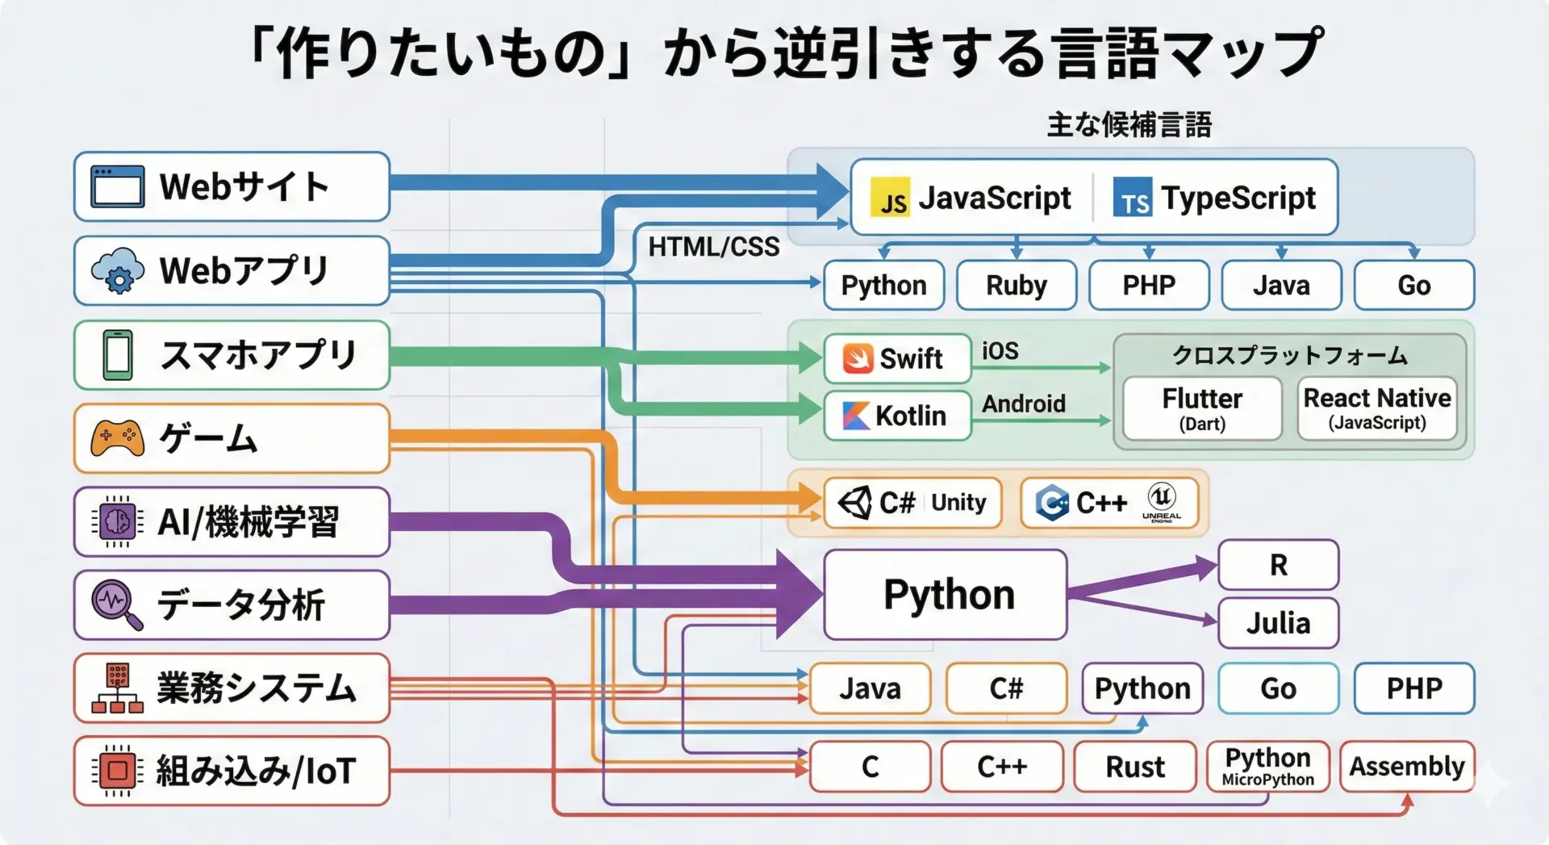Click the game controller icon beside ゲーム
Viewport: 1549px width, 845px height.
[x=117, y=438]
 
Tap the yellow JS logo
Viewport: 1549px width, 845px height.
[x=890, y=198]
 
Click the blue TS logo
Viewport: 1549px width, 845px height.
[x=1133, y=198]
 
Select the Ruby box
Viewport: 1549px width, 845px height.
[x=1016, y=285]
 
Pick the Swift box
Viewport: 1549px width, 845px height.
[x=897, y=358]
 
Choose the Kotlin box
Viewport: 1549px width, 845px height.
[x=897, y=416]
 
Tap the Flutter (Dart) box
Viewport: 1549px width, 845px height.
[x=1201, y=408]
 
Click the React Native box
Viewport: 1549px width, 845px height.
[x=1376, y=408]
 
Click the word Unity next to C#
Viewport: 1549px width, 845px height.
[x=958, y=503]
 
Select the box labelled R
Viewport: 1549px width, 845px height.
[x=1278, y=565]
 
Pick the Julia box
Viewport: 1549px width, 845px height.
[x=1278, y=623]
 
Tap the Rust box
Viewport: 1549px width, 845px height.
[x=1134, y=767]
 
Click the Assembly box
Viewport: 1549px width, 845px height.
[x=1407, y=766]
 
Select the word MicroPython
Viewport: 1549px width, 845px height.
[x=1267, y=780]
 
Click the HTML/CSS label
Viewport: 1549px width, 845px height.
[x=714, y=247]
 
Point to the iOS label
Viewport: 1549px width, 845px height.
[x=1000, y=351]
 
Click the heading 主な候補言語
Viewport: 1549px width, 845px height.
[x=1129, y=125]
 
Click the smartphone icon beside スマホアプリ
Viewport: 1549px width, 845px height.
[x=118, y=355]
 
